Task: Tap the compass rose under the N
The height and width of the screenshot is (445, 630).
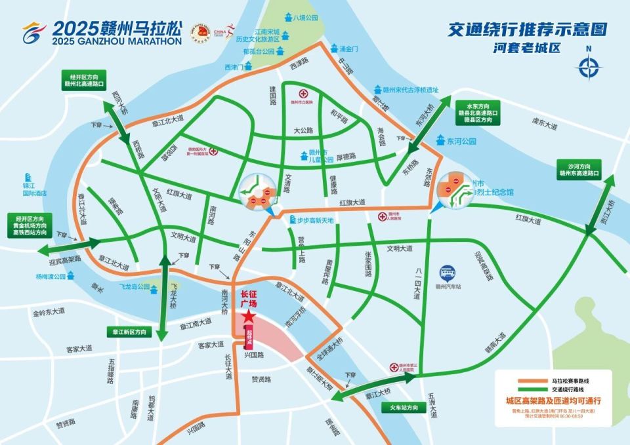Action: (x=589, y=67)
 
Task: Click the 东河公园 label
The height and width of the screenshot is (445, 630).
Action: (x=464, y=141)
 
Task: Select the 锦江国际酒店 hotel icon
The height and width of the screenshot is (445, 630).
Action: (x=28, y=178)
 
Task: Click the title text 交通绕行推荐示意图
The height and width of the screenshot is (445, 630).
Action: (x=526, y=29)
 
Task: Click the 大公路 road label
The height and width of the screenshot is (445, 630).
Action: (x=304, y=131)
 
